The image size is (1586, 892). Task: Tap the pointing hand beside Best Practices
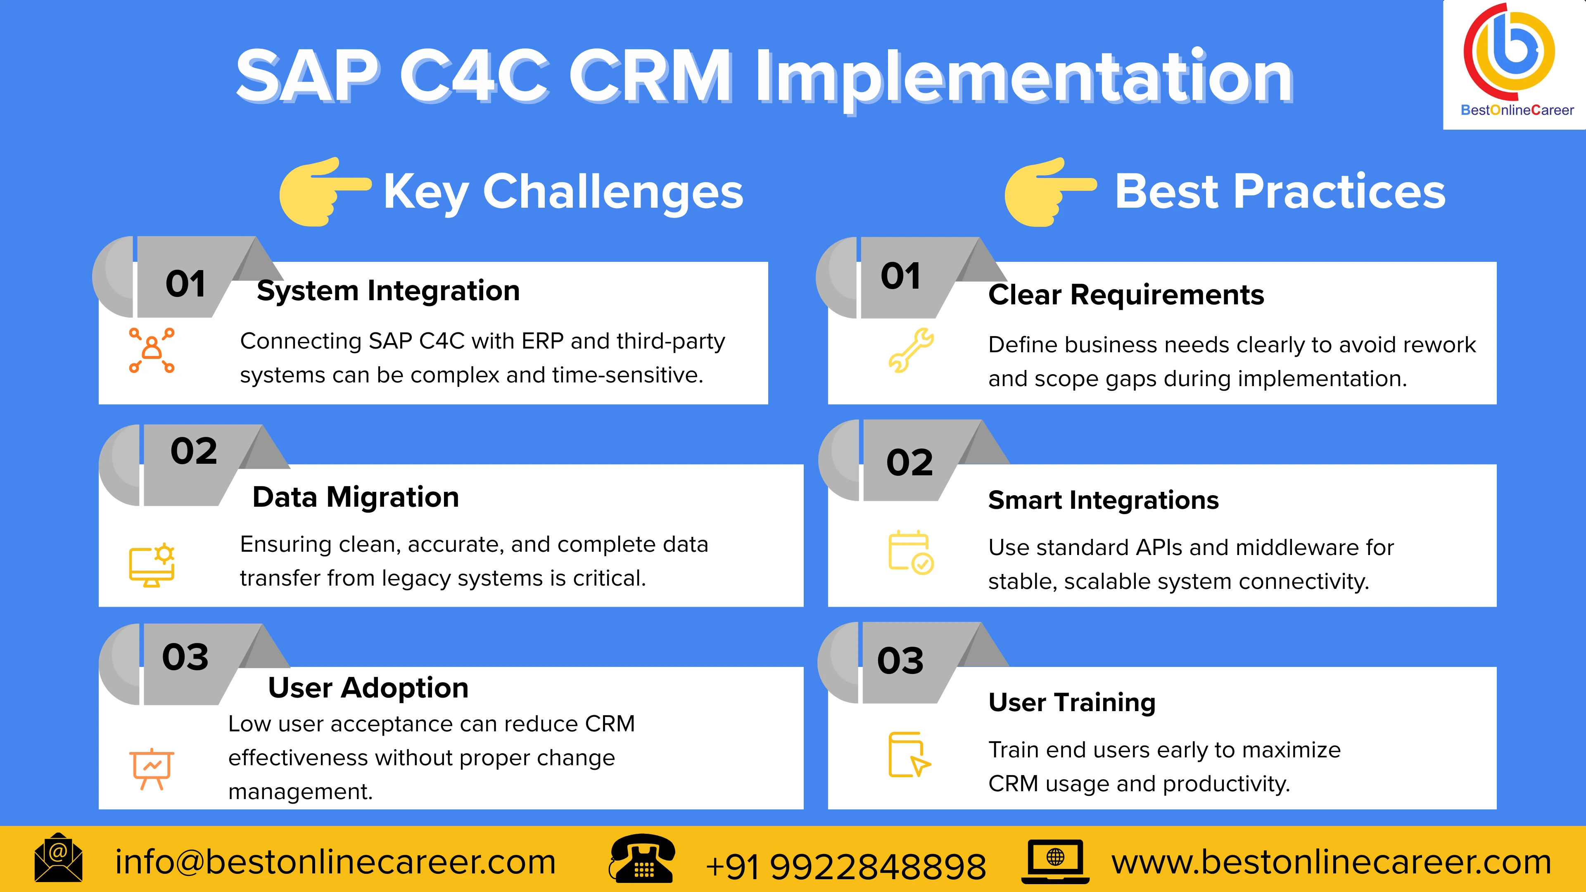click(x=1048, y=192)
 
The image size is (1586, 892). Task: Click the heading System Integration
click(x=388, y=291)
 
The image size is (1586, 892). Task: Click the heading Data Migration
click(x=356, y=497)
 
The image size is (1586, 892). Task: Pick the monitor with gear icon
click(x=152, y=565)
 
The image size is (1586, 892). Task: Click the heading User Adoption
click(x=368, y=688)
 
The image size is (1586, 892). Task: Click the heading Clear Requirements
click(x=1126, y=295)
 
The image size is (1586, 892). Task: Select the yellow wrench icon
click(x=911, y=350)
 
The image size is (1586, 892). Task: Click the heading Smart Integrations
click(x=1103, y=500)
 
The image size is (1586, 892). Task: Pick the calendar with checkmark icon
click(x=911, y=552)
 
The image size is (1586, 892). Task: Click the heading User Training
click(x=1072, y=702)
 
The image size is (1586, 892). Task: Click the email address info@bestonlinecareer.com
click(x=335, y=862)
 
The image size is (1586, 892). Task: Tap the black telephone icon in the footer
click(x=641, y=859)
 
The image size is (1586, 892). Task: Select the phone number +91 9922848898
click(x=845, y=866)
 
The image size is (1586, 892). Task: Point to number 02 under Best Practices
click(x=909, y=463)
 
